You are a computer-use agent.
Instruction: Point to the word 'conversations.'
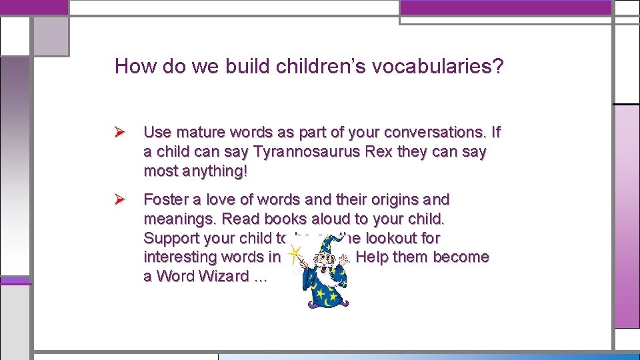pos(427,133)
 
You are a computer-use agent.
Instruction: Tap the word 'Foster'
pos(165,200)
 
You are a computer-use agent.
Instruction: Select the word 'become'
pos(461,257)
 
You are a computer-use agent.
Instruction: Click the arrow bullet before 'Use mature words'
pos(121,133)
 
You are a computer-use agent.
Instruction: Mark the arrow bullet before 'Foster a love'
pos(121,200)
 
